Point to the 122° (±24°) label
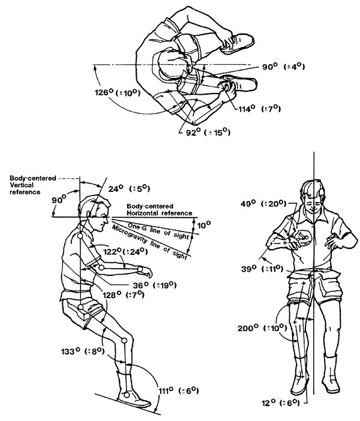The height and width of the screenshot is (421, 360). point(124,252)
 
